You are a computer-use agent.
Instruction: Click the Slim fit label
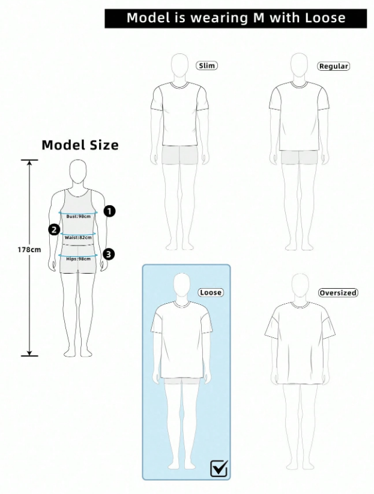[x=207, y=65]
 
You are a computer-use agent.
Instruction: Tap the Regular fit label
[x=333, y=66]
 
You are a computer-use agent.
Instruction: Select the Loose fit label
[x=210, y=292]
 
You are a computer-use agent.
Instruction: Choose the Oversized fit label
[x=338, y=293]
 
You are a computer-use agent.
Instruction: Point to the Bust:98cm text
[x=79, y=216]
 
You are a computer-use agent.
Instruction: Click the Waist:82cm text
[x=78, y=238]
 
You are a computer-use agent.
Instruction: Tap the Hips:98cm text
[x=79, y=259]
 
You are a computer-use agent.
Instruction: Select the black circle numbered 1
[x=109, y=211]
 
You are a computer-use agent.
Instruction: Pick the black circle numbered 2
[x=54, y=229]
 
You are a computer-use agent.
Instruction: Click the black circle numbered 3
[x=108, y=254]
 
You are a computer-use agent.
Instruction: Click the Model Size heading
[x=80, y=145]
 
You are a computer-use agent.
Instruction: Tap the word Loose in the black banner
[x=325, y=18]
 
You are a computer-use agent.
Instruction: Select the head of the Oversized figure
[x=298, y=286]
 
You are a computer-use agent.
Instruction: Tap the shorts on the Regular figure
[x=299, y=157]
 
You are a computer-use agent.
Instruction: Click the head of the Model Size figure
[x=78, y=172]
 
